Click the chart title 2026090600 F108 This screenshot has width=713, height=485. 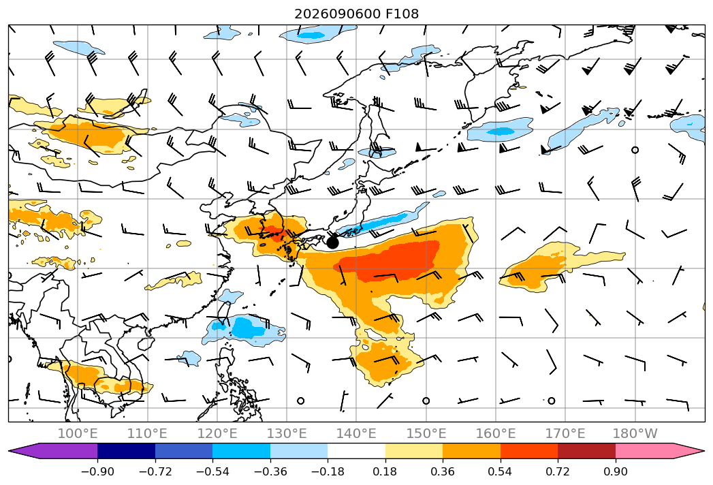pyautogui.click(x=357, y=14)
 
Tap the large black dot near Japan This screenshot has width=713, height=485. pyautogui.click(x=332, y=242)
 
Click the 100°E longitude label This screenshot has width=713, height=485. pyautogui.click(x=78, y=433)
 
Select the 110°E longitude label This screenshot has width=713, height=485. pyautogui.click(x=147, y=433)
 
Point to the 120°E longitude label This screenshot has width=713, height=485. pyautogui.click(x=217, y=433)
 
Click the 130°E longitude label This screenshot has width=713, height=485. pyautogui.click(x=287, y=433)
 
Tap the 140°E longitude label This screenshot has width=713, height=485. pyautogui.click(x=356, y=433)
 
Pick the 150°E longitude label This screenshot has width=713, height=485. pyautogui.click(x=426, y=433)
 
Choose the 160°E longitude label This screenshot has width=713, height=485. pyautogui.click(x=496, y=433)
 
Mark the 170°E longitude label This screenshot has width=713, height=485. pyautogui.click(x=565, y=433)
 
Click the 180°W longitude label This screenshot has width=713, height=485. pyautogui.click(x=635, y=433)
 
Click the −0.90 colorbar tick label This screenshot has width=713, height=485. pyautogui.click(x=97, y=471)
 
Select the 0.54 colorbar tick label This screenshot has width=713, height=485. pyautogui.click(x=501, y=471)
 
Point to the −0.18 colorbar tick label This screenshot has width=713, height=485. pyautogui.click(x=328, y=471)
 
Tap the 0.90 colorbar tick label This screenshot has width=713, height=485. pyautogui.click(x=615, y=471)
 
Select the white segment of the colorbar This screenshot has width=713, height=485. pyautogui.click(x=357, y=450)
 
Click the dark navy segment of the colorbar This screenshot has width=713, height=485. pyautogui.click(x=127, y=450)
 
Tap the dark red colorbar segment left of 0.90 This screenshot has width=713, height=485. pyautogui.click(x=586, y=450)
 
